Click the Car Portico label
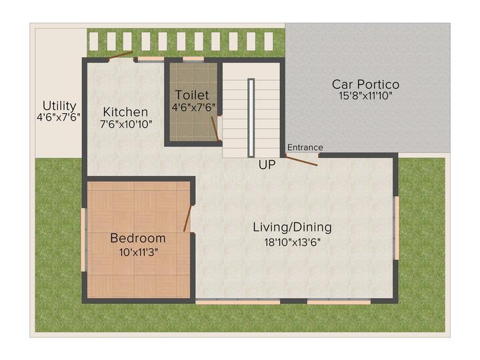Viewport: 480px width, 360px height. (x=365, y=84)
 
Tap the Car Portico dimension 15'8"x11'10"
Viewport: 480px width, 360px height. (x=365, y=96)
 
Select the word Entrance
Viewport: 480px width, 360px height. (x=305, y=147)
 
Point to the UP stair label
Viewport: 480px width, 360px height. (x=267, y=163)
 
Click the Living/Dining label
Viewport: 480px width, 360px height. (x=292, y=227)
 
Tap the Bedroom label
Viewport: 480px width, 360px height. (x=138, y=238)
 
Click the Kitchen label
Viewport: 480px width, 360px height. (x=125, y=111)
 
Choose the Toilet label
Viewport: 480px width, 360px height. (x=192, y=95)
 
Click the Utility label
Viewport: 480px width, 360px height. (x=59, y=105)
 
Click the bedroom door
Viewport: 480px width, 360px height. (x=187, y=219)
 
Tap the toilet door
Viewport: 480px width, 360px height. (x=215, y=128)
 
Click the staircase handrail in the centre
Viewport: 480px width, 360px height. (x=251, y=117)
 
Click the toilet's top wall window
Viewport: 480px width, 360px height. (x=193, y=59)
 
